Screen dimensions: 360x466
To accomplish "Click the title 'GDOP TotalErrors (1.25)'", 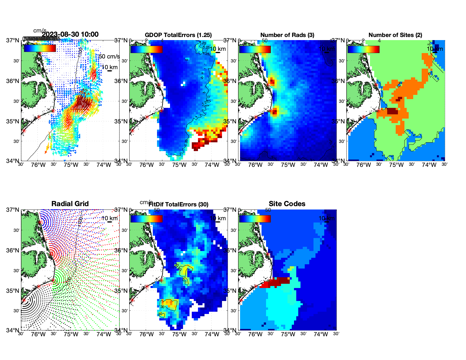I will pyautogui.click(x=178, y=35).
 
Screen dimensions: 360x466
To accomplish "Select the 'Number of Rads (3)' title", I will pyautogui.click(x=287, y=35).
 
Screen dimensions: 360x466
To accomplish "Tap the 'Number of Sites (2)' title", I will pyautogui.click(x=395, y=35).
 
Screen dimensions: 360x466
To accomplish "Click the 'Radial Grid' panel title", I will pyautogui.click(x=70, y=204).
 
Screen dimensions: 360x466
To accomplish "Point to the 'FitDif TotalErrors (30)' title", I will pyautogui.click(x=178, y=204).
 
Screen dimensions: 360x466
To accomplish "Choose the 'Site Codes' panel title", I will pyautogui.click(x=287, y=204).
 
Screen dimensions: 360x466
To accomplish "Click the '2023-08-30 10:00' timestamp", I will pyautogui.click(x=70, y=34).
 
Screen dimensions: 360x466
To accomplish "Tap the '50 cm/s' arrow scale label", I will pyautogui.click(x=109, y=56).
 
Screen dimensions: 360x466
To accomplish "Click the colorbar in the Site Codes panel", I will pyautogui.click(x=255, y=219).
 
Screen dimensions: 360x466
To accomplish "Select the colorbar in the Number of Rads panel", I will pyautogui.click(x=255, y=49).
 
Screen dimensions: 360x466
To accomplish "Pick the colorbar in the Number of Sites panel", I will pyautogui.click(x=363, y=49).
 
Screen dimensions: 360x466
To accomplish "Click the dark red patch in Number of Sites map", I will pyautogui.click(x=392, y=111).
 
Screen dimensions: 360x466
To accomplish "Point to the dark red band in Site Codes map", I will pyautogui.click(x=280, y=281).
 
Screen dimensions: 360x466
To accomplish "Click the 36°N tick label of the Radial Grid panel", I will pyautogui.click(x=13, y=250).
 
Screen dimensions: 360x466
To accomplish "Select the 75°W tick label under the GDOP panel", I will pyautogui.click(x=179, y=165).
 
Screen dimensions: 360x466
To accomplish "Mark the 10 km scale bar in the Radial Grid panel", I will pyautogui.click(x=110, y=222).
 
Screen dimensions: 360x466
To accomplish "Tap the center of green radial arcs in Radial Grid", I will pyautogui.click(x=53, y=280).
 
